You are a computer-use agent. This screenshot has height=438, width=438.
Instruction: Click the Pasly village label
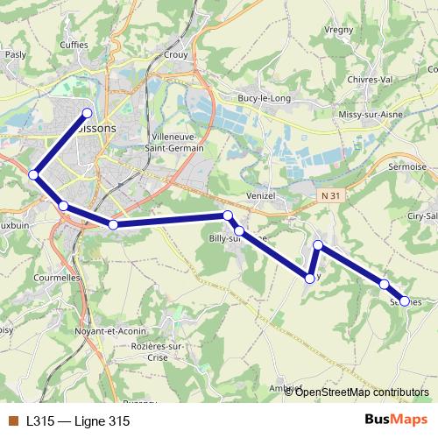pyautogui.click(x=15, y=54)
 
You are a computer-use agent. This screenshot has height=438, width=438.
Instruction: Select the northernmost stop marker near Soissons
pyautogui.click(x=88, y=112)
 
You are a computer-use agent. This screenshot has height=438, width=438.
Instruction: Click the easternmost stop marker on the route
pyautogui.click(x=404, y=300)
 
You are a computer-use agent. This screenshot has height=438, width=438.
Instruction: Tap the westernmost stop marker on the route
pyautogui.click(x=34, y=175)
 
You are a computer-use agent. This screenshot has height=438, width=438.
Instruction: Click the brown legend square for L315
pyautogui.click(x=13, y=421)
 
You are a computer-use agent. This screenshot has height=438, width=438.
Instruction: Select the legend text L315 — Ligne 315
pyautogui.click(x=78, y=421)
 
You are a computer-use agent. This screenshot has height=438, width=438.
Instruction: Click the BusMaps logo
pyautogui.click(x=395, y=420)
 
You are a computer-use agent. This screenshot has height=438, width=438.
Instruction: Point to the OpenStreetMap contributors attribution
pyautogui.click(x=361, y=392)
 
